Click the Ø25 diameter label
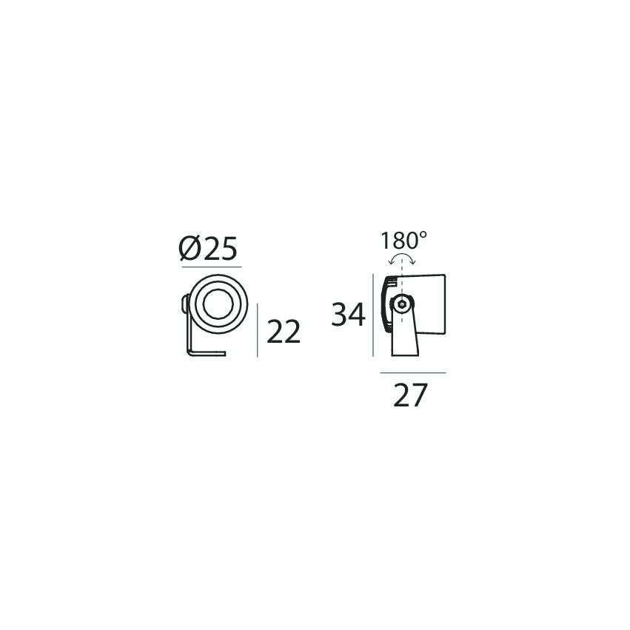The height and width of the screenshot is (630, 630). click(208, 248)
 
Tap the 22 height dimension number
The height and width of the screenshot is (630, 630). click(284, 332)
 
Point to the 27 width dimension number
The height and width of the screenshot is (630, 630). click(410, 395)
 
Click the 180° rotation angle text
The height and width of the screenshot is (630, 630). click(403, 241)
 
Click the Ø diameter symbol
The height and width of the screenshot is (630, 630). click(190, 248)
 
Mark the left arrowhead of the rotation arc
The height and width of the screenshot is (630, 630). click(391, 262)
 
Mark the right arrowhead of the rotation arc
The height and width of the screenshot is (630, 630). click(413, 262)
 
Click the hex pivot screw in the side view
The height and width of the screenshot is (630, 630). click(401, 304)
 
